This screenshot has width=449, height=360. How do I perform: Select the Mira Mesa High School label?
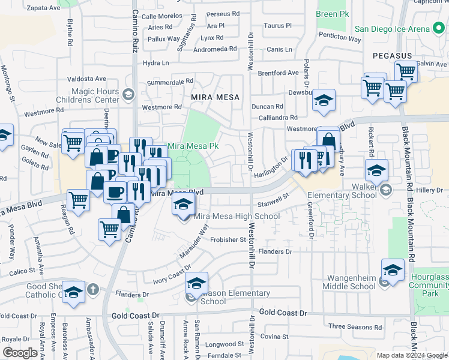click(x=237, y=216)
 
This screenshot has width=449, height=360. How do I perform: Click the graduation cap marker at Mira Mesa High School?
click(x=184, y=205)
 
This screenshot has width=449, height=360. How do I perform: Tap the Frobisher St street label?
click(x=228, y=239)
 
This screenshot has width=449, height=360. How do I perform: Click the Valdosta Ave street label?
click(x=86, y=79)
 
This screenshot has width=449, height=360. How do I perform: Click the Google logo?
click(x=20, y=353)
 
